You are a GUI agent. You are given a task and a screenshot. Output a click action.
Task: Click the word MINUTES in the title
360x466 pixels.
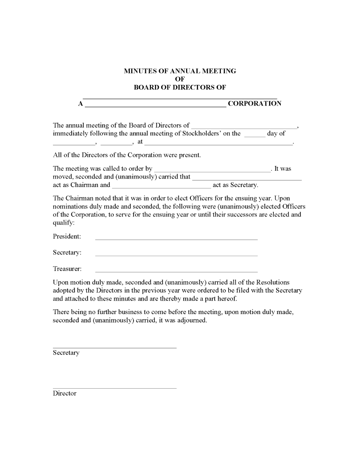pos(140,71)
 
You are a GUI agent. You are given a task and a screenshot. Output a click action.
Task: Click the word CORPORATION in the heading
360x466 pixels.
pos(255,104)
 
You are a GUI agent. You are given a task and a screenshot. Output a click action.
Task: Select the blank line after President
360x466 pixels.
pos(176,238)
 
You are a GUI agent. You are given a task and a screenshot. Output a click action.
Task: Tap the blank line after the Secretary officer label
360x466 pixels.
pos(176,254)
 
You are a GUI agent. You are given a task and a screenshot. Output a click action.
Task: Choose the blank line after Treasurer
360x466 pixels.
pos(176,271)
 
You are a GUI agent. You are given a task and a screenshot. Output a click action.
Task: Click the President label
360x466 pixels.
pos(67,236)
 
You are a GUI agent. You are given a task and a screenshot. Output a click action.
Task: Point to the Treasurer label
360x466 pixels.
pos(67,269)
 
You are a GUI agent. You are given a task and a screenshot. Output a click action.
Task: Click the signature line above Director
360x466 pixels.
pos(115,387)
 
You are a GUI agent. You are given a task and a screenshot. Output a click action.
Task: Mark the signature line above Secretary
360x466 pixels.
pos(115,347)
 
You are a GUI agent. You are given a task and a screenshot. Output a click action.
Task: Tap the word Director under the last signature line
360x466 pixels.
pos(65,393)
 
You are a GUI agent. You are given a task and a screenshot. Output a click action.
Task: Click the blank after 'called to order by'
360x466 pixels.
pos(212,170)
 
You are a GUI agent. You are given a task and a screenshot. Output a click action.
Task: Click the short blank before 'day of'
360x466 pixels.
pos(255,135)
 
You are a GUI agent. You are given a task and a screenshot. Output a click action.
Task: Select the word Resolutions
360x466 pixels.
pos(271,282)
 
